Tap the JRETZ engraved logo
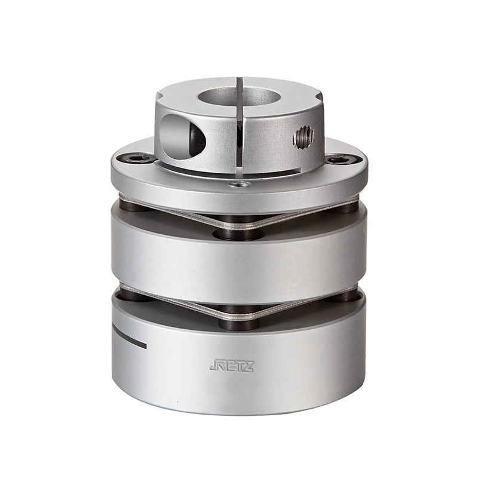tap(231, 366)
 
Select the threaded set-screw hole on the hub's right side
tap(304, 136)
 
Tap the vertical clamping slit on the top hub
tap(240, 125)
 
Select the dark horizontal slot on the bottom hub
tap(128, 337)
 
